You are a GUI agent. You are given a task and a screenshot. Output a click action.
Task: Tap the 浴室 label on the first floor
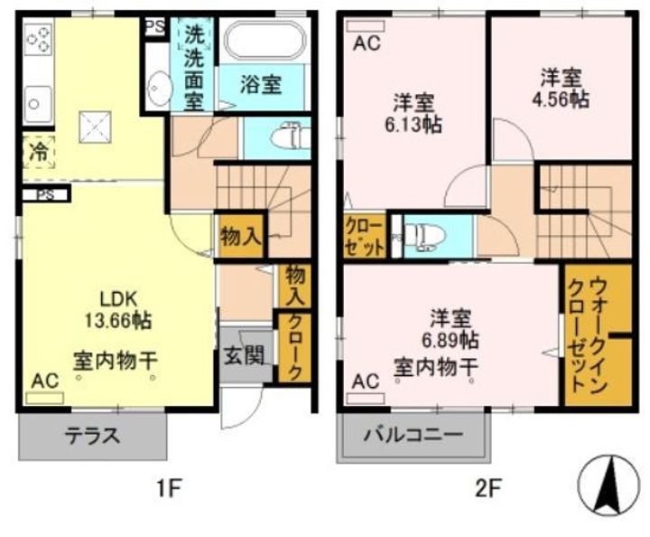tap(261, 86)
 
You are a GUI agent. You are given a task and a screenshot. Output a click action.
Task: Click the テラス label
tap(92, 435)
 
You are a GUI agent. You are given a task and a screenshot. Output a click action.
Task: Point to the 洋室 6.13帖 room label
tap(417, 113)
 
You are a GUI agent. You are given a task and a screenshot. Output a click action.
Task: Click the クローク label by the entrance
tap(294, 346)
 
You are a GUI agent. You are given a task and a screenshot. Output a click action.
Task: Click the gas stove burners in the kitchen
tap(38, 39)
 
